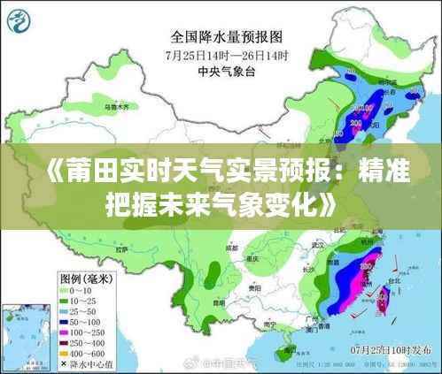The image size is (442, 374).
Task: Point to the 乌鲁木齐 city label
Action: click(117, 106)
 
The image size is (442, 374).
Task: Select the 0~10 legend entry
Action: click(81, 291)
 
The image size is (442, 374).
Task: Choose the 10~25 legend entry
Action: click(83, 301)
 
